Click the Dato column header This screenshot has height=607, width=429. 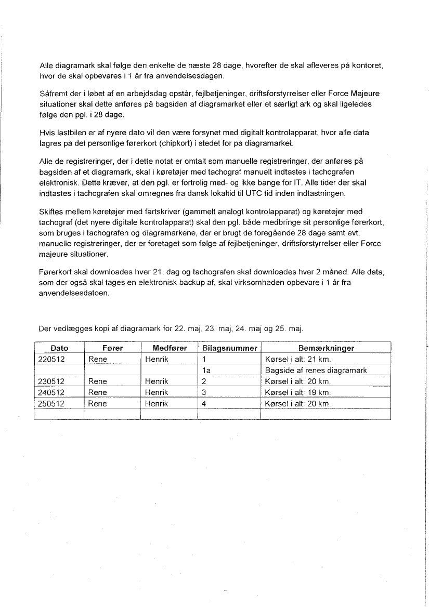coord(59,348)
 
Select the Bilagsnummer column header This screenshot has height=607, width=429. coord(229,348)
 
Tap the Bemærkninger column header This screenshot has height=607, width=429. coord(326,348)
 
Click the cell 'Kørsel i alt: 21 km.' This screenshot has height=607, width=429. coord(298,359)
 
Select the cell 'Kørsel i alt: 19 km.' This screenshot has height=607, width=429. coord(298,392)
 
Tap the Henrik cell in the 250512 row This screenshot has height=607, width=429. coord(157,403)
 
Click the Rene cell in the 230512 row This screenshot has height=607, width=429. coord(98,381)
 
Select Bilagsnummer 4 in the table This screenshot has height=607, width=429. coord(204,403)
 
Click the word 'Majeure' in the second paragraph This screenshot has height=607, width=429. coord(364,94)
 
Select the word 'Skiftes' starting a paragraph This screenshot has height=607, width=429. coord(51,212)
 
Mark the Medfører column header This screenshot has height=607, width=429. coord(170,348)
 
